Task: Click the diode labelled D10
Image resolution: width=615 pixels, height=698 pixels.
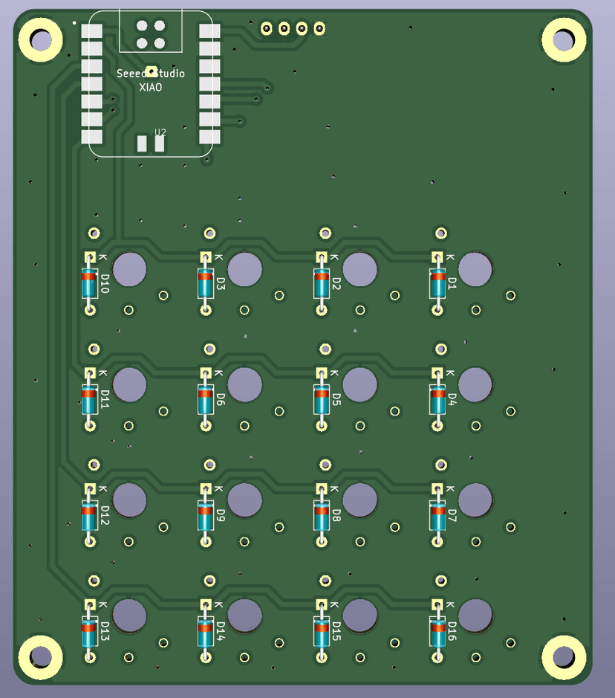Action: (x=90, y=283)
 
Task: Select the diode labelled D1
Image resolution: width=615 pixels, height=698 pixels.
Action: (x=437, y=283)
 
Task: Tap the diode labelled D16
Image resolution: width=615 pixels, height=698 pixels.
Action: (x=437, y=631)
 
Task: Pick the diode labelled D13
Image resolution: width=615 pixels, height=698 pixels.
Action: (x=90, y=631)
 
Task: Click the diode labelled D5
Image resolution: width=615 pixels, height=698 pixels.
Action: (x=322, y=399)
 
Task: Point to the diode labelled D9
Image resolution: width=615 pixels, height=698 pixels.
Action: (x=206, y=515)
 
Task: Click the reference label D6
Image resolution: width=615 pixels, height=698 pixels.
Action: (x=221, y=399)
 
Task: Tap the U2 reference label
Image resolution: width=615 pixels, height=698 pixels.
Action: (x=160, y=132)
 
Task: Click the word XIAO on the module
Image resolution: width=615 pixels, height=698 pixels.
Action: (x=151, y=87)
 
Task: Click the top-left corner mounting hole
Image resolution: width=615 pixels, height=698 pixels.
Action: (x=40, y=39)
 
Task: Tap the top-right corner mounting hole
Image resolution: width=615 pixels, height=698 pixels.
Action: (x=564, y=39)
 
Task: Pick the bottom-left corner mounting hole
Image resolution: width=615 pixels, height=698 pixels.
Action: (x=40, y=656)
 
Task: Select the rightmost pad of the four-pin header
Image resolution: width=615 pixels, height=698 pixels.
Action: (x=319, y=29)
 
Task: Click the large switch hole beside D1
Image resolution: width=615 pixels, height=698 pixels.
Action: (x=475, y=268)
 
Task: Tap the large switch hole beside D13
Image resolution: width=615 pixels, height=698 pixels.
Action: (x=129, y=615)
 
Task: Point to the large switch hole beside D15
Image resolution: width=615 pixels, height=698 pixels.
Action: (x=360, y=615)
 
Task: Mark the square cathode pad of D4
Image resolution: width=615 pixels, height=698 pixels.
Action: (x=437, y=372)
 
